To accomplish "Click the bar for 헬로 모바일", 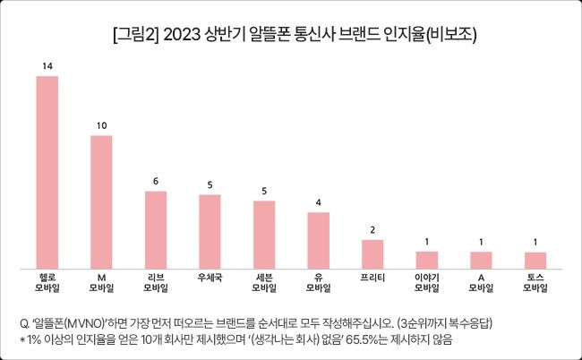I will pyautogui.click(x=47, y=172).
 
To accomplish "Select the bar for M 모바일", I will pyautogui.click(x=101, y=201).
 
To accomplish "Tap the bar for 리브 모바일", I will pyautogui.click(x=156, y=229).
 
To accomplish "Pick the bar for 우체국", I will pyautogui.click(x=210, y=231).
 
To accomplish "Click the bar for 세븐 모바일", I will pyautogui.click(x=264, y=235).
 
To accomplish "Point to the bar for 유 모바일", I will pyautogui.click(x=319, y=240).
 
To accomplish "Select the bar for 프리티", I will pyautogui.click(x=372, y=254).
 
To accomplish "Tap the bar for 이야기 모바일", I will pyautogui.click(x=427, y=260).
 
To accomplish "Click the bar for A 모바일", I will pyautogui.click(x=481, y=260).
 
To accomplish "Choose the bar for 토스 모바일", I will pyautogui.click(x=535, y=260).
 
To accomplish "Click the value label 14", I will pyautogui.click(x=47, y=67).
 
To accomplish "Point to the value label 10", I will pyautogui.click(x=101, y=126).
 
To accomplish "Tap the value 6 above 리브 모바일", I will pyautogui.click(x=156, y=181).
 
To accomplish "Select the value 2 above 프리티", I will pyautogui.click(x=372, y=230).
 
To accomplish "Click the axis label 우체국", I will pyautogui.click(x=210, y=278).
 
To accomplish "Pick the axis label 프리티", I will pyautogui.click(x=372, y=278).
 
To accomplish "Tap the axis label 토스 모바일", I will pyautogui.click(x=535, y=283).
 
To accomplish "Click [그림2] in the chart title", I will pyautogui.click(x=136, y=36).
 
